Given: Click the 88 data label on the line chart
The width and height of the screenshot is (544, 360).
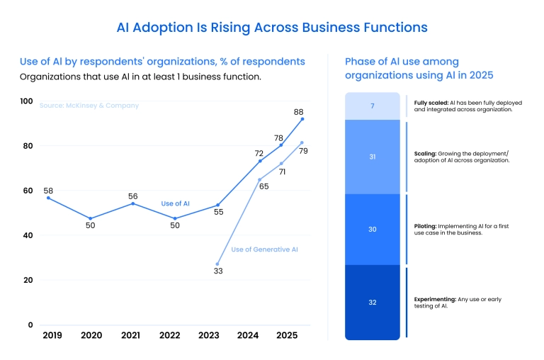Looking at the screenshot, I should (299, 111).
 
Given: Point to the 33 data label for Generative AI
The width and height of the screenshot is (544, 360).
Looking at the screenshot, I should (218, 271).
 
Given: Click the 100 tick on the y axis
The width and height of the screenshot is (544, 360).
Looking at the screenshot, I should (26, 101).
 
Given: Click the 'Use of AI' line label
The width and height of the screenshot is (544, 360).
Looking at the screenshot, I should (175, 203).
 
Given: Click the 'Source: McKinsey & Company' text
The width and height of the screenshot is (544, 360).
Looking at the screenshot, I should (89, 106).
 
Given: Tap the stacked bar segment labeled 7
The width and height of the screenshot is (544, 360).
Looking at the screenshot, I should (372, 106).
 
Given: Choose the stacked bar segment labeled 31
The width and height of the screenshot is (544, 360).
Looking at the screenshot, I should (372, 157).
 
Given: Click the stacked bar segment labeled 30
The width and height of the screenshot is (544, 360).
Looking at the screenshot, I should (372, 230).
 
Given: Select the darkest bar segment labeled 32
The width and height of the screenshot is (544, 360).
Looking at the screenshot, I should (372, 303).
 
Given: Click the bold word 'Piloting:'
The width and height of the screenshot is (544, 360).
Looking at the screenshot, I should (427, 226).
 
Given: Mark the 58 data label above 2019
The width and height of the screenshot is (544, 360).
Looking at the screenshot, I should (48, 191).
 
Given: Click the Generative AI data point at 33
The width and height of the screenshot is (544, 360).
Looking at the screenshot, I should (217, 264).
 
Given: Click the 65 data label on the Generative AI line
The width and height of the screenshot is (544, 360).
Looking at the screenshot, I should (264, 186).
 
